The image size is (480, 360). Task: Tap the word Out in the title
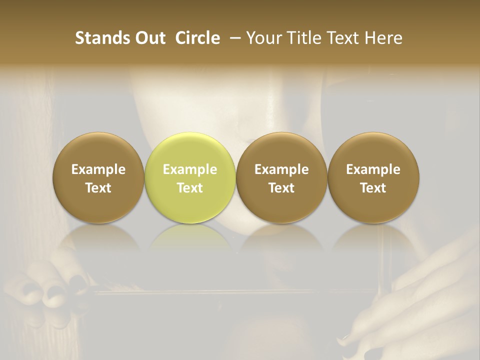point(149,38)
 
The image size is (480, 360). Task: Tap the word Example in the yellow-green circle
point(190,169)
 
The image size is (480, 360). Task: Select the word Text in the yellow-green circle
point(190,188)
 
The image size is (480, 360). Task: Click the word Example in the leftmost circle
point(98,169)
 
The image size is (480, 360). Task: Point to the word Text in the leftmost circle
point(98,188)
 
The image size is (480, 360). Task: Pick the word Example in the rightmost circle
point(373,169)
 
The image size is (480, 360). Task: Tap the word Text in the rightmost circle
point(373,188)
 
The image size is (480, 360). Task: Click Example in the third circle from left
point(281,169)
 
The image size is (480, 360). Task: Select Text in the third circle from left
point(281,188)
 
